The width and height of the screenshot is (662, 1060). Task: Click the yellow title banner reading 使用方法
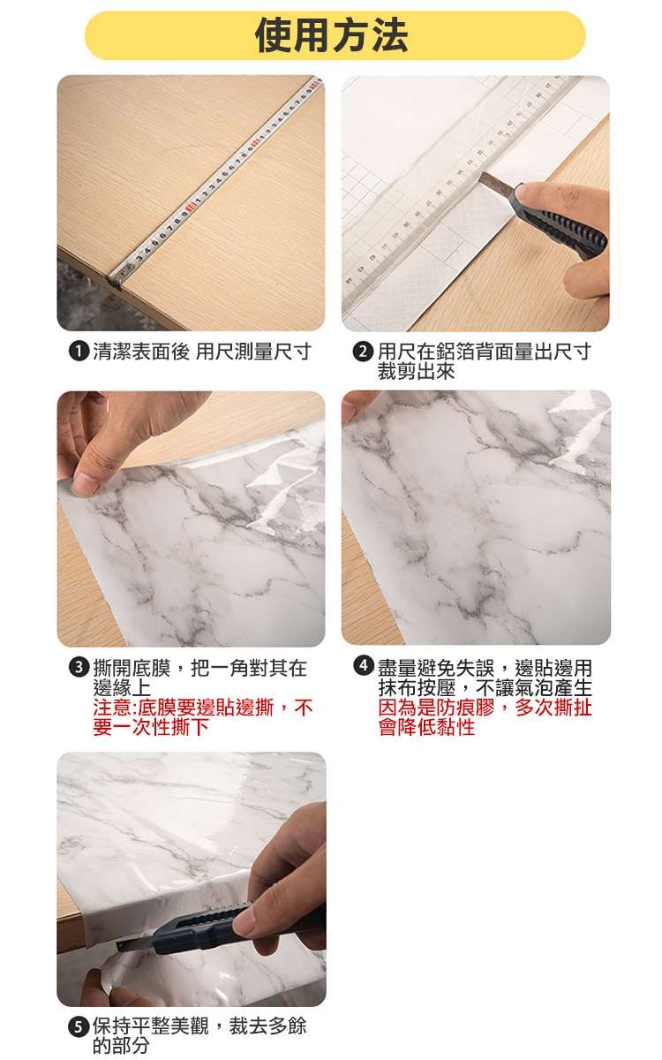[335, 35]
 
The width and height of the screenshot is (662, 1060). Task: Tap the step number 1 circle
[79, 352]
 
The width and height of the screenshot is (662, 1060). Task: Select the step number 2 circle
[363, 352]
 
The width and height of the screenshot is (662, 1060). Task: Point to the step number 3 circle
[79, 667]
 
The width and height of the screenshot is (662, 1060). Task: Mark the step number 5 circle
[79, 1026]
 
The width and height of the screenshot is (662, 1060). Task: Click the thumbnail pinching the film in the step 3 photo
[85, 484]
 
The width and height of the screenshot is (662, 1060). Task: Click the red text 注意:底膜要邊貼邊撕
[184, 708]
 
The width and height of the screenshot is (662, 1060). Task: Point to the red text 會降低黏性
[426, 727]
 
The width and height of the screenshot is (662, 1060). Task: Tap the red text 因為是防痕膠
[436, 708]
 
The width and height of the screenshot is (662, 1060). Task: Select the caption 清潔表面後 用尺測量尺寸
[202, 352]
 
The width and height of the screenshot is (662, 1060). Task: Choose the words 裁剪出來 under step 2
[416, 372]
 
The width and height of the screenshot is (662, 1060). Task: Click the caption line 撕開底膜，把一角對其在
[200, 668]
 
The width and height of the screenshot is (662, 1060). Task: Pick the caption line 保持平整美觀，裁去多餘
[199, 1026]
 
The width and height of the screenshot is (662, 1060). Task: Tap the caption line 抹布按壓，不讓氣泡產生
[485, 687]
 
